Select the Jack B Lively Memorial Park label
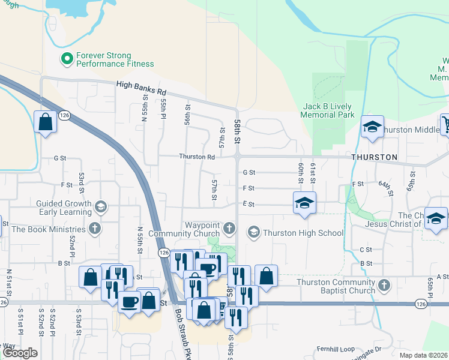327,110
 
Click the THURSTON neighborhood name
375,157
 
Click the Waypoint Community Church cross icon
229,228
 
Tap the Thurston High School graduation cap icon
254,233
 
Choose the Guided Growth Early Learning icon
101,207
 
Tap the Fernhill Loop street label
336,349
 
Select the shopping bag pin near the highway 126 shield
46,122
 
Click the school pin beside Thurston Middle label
372,127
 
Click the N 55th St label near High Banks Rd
145,112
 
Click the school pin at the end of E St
304,203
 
